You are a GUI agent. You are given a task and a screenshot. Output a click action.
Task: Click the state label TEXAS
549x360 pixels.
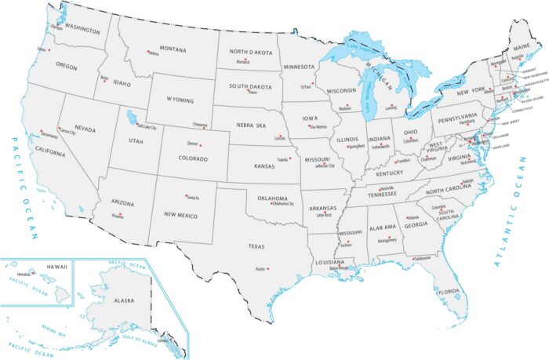256,246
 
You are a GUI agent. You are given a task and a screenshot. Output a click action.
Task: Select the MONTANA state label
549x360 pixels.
173,49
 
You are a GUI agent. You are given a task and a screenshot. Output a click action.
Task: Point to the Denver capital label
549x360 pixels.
193,144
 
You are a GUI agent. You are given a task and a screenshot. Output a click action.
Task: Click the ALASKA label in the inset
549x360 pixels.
124,300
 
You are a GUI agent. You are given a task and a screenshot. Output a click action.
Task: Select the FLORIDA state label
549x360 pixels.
449,292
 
